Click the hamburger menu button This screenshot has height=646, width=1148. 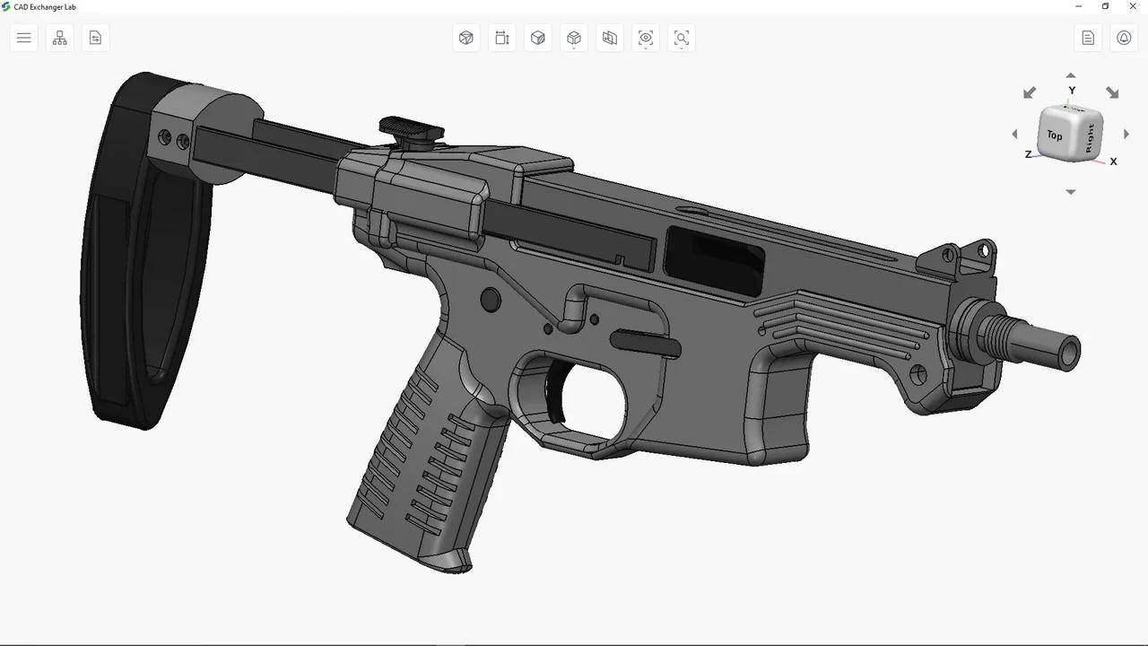24,38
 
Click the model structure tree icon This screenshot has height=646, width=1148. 60,38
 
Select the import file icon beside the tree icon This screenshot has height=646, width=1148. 96,38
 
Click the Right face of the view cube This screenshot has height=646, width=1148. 1090,137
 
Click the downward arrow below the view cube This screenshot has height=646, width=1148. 1070,192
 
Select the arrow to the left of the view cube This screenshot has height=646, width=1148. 1015,135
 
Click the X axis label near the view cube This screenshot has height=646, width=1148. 1113,161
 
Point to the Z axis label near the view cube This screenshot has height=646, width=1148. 1028,154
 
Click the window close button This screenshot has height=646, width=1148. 1133,6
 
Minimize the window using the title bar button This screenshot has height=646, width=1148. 1078,6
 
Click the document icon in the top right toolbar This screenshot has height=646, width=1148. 1088,38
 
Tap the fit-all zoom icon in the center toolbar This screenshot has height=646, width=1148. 682,38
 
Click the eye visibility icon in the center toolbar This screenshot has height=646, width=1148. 646,38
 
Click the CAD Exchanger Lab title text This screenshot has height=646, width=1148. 45,7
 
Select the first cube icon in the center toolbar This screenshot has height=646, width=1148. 466,38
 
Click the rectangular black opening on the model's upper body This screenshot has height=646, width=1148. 714,259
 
